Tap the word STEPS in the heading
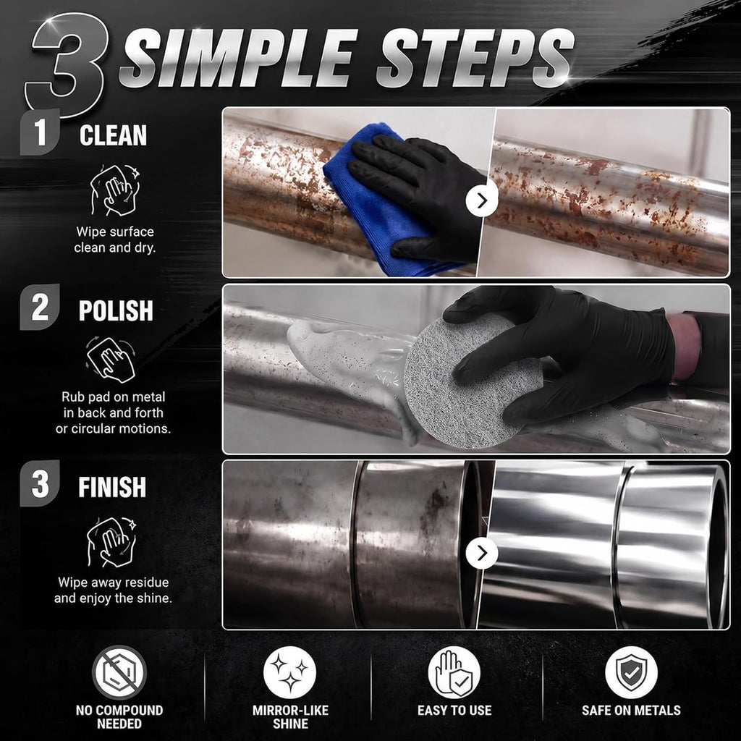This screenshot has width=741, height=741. tap(475, 58)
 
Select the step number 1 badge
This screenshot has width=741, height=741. tap(41, 132)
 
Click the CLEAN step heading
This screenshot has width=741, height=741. tap(113, 135)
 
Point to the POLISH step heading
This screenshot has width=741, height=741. tap(116, 311)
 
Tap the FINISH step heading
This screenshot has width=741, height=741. tap(112, 487)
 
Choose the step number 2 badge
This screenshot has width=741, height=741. tap(41, 307)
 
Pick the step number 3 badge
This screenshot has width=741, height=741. tap(41, 483)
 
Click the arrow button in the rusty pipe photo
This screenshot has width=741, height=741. tap(481, 200)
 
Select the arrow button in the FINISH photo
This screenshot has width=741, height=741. tap(481, 553)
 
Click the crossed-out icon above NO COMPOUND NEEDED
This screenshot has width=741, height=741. tap(119, 672)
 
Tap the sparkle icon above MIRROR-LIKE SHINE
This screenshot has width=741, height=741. tap(289, 672)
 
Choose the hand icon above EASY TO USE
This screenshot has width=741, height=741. tap(454, 672)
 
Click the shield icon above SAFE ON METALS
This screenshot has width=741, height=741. tap(631, 672)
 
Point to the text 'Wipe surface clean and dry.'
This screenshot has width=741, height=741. tap(115, 240)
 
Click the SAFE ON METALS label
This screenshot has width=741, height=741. tap(631, 711)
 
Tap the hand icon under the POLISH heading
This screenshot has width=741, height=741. tap(111, 360)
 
